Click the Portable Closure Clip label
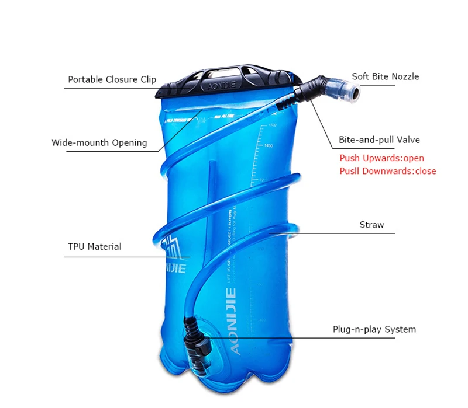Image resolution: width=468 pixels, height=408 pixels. pyautogui.click(x=112, y=79)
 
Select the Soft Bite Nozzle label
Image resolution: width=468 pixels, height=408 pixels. pyautogui.click(x=385, y=76)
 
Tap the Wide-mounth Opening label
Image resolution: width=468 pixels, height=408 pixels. pyautogui.click(x=99, y=142)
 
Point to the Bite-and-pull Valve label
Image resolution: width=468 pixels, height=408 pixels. pyautogui.click(x=379, y=140)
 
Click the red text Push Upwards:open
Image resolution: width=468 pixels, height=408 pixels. pyautogui.click(x=381, y=158)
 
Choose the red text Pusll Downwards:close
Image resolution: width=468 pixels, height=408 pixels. pyautogui.click(x=388, y=171)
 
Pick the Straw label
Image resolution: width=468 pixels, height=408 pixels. pyautogui.click(x=371, y=225)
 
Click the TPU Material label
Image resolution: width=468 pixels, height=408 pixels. pyautogui.click(x=95, y=246)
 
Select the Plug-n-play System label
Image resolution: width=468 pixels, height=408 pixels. pyautogui.click(x=374, y=329)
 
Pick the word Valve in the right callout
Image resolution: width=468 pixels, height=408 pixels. pyautogui.click(x=408, y=140)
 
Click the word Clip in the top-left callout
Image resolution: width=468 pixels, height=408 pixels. pyautogui.click(x=148, y=79)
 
